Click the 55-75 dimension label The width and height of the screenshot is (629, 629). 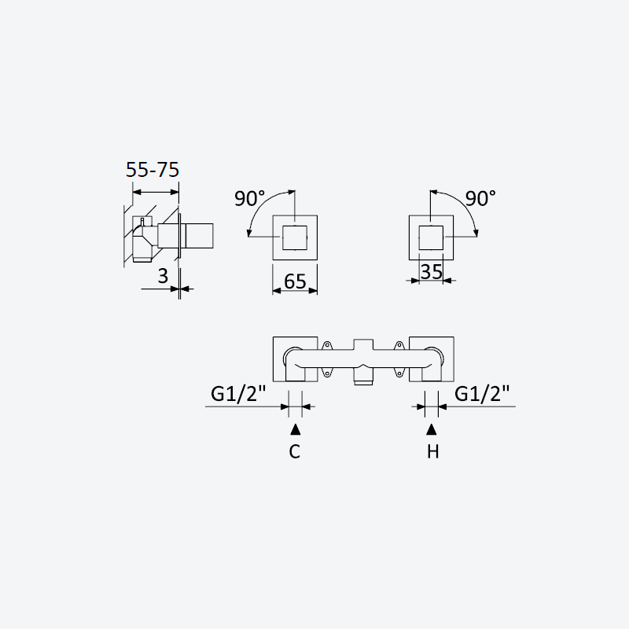153,169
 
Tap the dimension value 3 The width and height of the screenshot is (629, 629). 163,276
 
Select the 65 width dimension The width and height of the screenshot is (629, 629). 295,281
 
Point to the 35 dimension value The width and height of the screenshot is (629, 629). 431,271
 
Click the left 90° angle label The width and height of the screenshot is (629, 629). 249,198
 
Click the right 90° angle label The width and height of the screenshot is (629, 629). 480,198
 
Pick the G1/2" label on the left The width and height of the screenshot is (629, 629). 238,394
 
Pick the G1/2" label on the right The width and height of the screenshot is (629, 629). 482,394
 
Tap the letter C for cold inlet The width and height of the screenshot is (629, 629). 294,451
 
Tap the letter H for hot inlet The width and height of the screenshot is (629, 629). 433,451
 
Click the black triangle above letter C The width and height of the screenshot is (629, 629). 296,429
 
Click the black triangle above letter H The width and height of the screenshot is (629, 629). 431,429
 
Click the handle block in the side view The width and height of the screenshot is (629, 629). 200,235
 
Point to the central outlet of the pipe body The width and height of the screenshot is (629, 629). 363,377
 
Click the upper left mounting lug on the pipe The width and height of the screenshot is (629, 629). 327,345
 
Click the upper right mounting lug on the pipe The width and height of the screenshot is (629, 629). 399,345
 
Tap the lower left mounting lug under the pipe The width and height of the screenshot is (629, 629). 327,373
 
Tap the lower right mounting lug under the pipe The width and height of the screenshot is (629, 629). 399,373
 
